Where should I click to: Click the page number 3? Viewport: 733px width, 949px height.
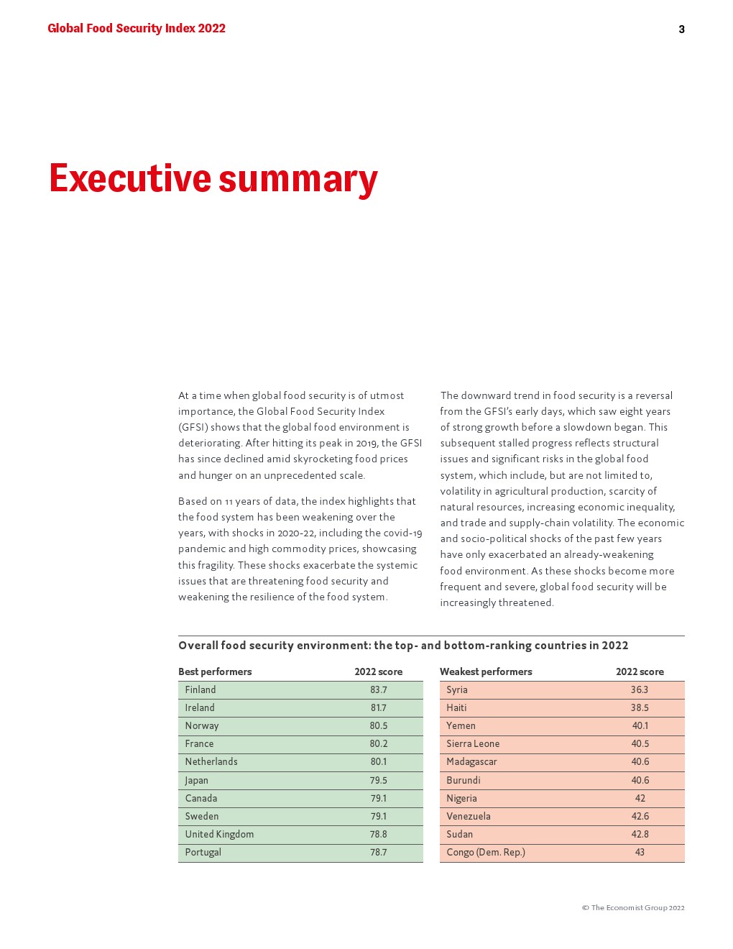point(681,29)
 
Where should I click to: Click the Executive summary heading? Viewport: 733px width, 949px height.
point(213,178)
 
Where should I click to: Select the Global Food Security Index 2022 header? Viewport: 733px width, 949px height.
point(137,29)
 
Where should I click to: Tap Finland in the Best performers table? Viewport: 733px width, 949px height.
point(200,689)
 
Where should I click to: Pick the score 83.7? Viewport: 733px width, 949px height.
point(378,689)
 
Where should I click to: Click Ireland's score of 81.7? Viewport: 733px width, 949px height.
point(378,707)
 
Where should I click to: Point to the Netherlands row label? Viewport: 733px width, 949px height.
point(211,761)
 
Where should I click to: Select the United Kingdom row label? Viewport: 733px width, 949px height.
point(219,834)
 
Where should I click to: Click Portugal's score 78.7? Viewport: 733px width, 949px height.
point(378,852)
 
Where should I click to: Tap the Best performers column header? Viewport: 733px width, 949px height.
point(215,671)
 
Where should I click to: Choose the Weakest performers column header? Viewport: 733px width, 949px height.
point(486,671)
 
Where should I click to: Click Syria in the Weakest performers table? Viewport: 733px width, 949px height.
point(457,689)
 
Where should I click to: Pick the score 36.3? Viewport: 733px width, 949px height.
point(640,689)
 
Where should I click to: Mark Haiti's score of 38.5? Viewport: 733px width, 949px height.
point(640,707)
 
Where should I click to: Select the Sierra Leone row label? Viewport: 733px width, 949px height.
point(473,743)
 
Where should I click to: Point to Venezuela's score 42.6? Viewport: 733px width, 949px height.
point(640,816)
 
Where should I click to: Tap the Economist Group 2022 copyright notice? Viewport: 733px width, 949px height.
point(633,907)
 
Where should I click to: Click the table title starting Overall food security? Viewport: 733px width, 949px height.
point(403,645)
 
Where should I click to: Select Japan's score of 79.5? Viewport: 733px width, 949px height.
point(378,780)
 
